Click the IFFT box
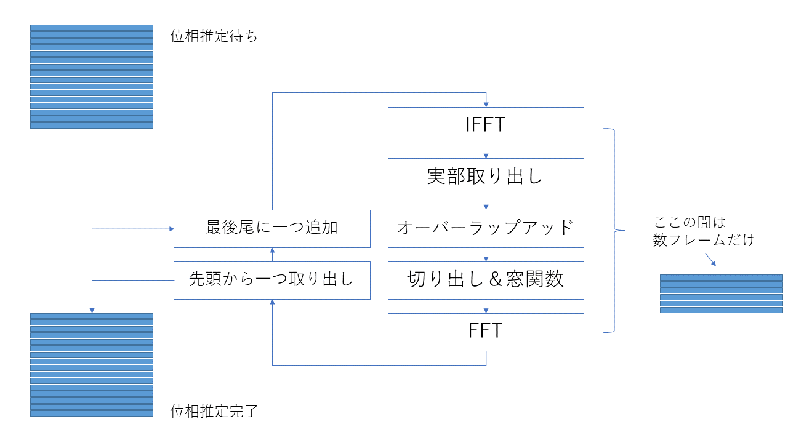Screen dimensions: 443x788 click(x=486, y=126)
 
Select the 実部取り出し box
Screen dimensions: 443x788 click(x=486, y=177)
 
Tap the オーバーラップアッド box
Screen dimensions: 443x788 click(x=486, y=229)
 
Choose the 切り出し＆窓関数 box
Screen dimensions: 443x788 click(x=486, y=281)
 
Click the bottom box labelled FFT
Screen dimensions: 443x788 click(x=486, y=332)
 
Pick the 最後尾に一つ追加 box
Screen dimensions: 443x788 click(x=271, y=229)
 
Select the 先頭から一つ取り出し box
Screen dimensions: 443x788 click(x=271, y=281)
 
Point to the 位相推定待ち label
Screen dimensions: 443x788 click(x=214, y=36)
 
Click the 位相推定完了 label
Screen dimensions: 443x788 click(x=214, y=412)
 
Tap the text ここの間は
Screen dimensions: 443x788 click(x=689, y=223)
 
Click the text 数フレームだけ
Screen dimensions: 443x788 click(x=704, y=240)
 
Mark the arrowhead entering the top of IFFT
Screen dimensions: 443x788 click(x=486, y=104)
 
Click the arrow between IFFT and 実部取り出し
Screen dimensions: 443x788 click(x=486, y=152)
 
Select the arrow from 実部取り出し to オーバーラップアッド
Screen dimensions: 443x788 click(x=486, y=204)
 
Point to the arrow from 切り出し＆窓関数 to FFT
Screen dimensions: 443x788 click(x=486, y=306)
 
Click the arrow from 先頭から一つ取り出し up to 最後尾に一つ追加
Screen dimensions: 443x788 click(x=272, y=255)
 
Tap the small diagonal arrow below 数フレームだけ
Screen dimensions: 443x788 click(x=710, y=260)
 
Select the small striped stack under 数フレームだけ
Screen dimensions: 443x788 click(x=721, y=293)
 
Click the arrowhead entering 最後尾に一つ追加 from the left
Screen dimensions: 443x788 click(x=171, y=229)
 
